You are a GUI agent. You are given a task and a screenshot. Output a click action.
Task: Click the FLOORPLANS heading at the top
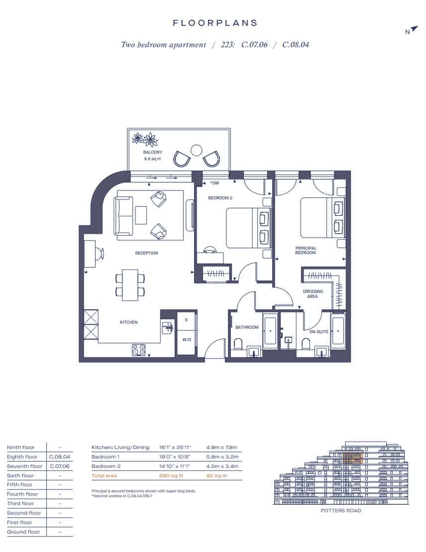(215, 23)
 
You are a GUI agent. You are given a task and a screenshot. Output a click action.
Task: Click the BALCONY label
(153, 152)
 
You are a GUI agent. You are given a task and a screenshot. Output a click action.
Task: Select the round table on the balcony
(196, 150)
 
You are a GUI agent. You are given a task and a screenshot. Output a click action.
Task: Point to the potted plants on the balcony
(145, 139)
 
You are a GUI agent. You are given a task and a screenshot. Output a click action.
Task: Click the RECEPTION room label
(147, 253)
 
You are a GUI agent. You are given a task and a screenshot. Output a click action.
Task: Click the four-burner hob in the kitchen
(139, 350)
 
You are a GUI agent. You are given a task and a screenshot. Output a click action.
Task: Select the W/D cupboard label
(187, 340)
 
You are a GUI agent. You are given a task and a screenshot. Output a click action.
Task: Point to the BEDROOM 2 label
(220, 198)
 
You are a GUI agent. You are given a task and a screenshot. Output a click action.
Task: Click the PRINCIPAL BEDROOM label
(306, 250)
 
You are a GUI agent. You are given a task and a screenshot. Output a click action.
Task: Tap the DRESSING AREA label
(313, 294)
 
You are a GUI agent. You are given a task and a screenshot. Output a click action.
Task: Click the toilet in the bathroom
(238, 344)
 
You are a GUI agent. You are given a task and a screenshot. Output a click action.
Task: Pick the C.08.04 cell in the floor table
(60, 457)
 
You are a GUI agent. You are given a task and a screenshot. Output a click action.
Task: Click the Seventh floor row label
(25, 466)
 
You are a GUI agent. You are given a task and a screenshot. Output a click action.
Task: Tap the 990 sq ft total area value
(171, 475)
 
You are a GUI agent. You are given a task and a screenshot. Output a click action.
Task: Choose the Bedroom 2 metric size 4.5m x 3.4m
(222, 466)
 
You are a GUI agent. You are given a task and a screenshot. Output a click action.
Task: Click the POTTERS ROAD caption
(341, 510)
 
